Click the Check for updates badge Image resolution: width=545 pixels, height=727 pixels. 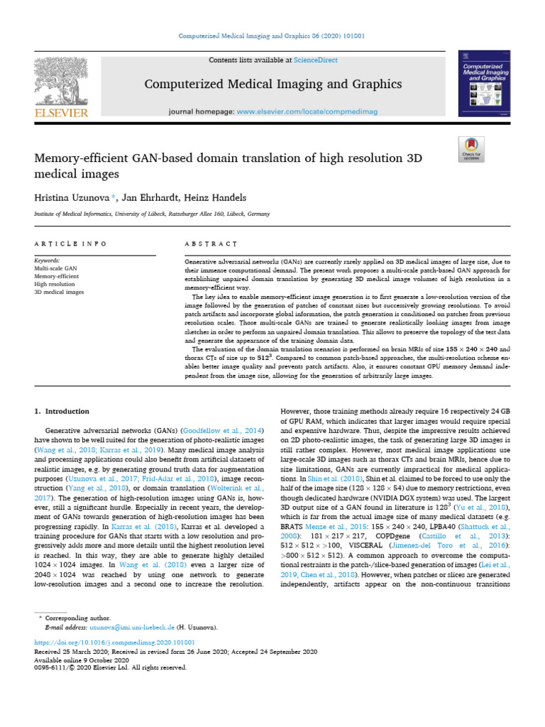[471, 148]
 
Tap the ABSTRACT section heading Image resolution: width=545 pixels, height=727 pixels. [210, 244]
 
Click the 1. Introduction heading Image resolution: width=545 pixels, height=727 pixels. [62, 411]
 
